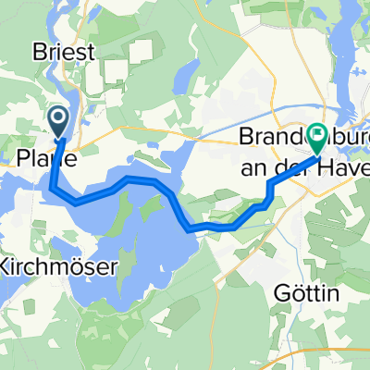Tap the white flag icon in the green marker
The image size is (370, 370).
317,138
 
